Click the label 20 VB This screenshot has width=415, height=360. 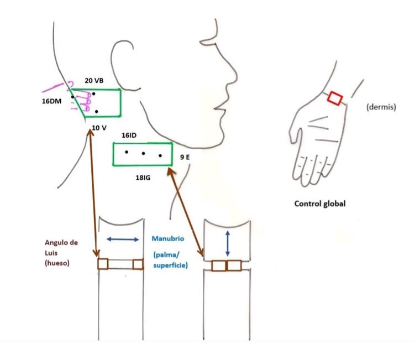(x=94, y=81)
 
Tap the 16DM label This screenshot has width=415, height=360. (x=53, y=102)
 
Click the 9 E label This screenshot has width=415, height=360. (x=185, y=158)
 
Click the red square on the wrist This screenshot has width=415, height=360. (x=334, y=98)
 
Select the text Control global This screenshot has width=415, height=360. (x=320, y=204)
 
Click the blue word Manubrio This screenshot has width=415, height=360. (x=169, y=239)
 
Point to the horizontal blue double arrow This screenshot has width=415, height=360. (x=123, y=239)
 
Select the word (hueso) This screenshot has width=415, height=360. (x=57, y=263)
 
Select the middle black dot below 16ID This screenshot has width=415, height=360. (x=144, y=153)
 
